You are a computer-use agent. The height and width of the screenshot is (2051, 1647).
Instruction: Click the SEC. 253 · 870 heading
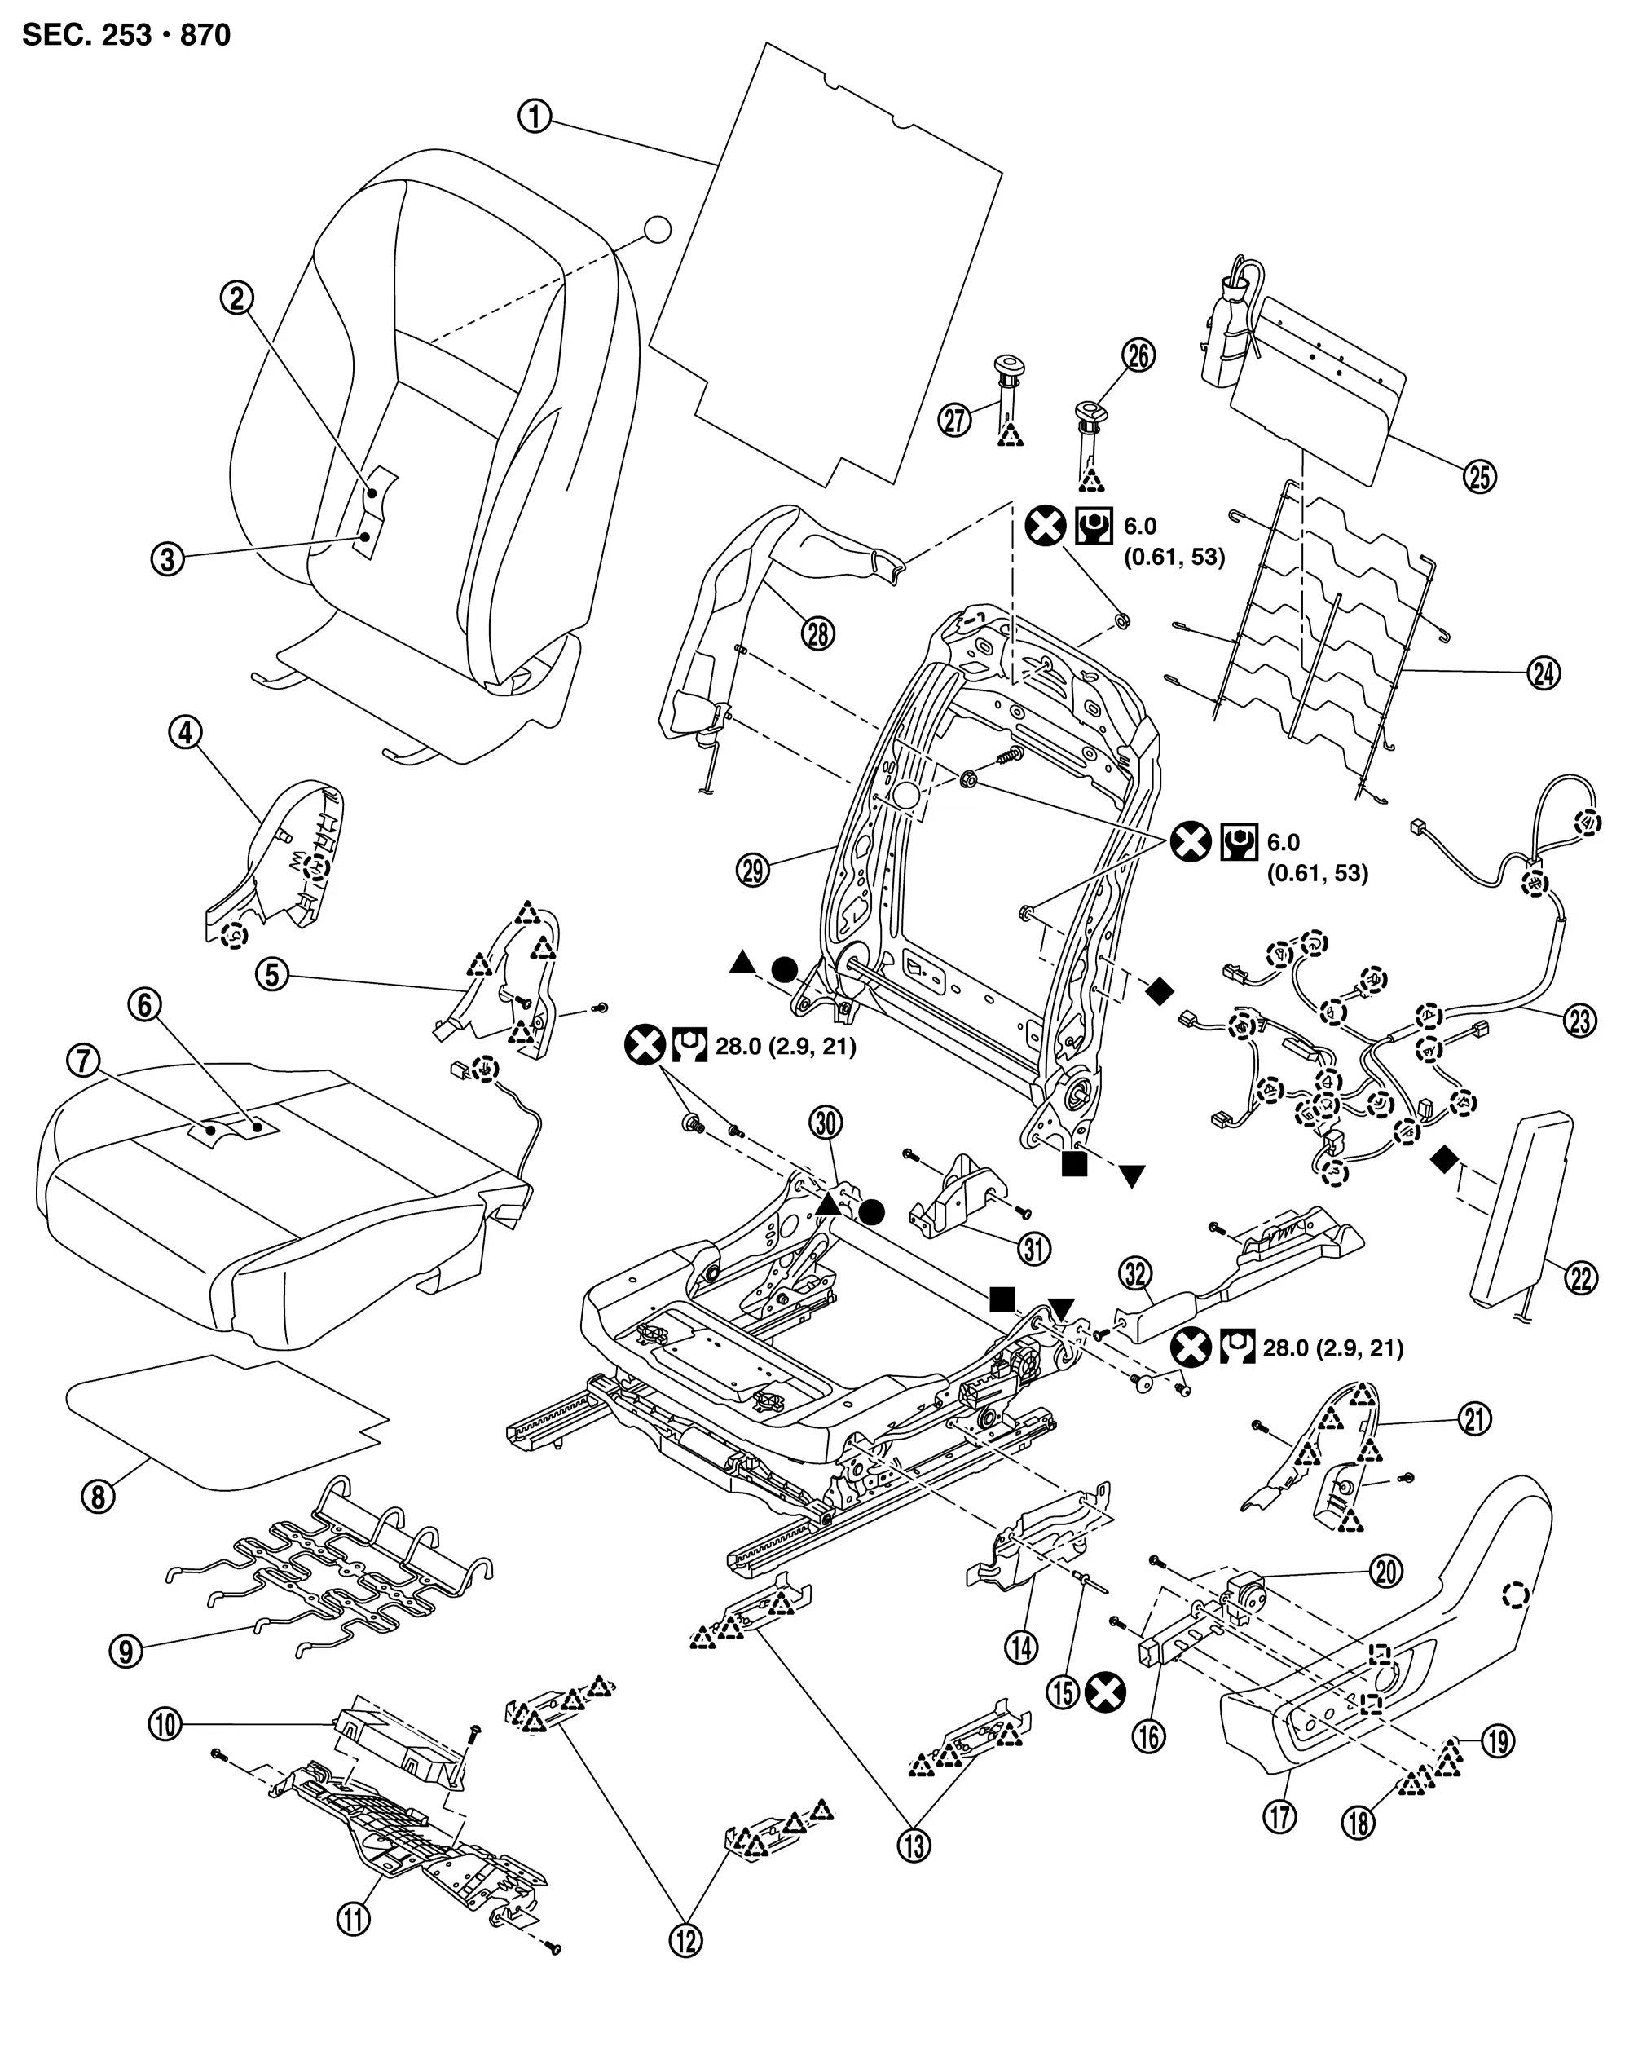126,35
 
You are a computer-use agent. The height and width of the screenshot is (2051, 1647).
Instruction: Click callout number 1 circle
535,117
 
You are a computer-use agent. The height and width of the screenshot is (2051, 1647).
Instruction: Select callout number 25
1480,477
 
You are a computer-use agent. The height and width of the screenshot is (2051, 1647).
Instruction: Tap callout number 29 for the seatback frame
753,870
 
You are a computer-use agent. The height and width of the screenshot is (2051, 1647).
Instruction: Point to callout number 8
99,1497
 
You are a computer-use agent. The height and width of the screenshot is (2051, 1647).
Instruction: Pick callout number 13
915,1846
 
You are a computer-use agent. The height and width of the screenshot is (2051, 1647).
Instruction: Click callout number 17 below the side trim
1280,1817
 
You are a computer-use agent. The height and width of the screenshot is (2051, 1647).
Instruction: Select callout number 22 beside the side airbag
1580,1278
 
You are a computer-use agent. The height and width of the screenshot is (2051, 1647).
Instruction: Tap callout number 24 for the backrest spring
1544,673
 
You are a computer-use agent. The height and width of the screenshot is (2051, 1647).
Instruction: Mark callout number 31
1035,1248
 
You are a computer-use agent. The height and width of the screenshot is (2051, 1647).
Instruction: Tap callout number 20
1385,1572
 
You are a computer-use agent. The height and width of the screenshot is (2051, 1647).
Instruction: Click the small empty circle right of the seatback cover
656,230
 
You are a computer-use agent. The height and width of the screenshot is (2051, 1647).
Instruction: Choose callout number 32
1135,1274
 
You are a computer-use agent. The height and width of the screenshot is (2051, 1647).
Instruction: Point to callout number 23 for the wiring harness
1580,1021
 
